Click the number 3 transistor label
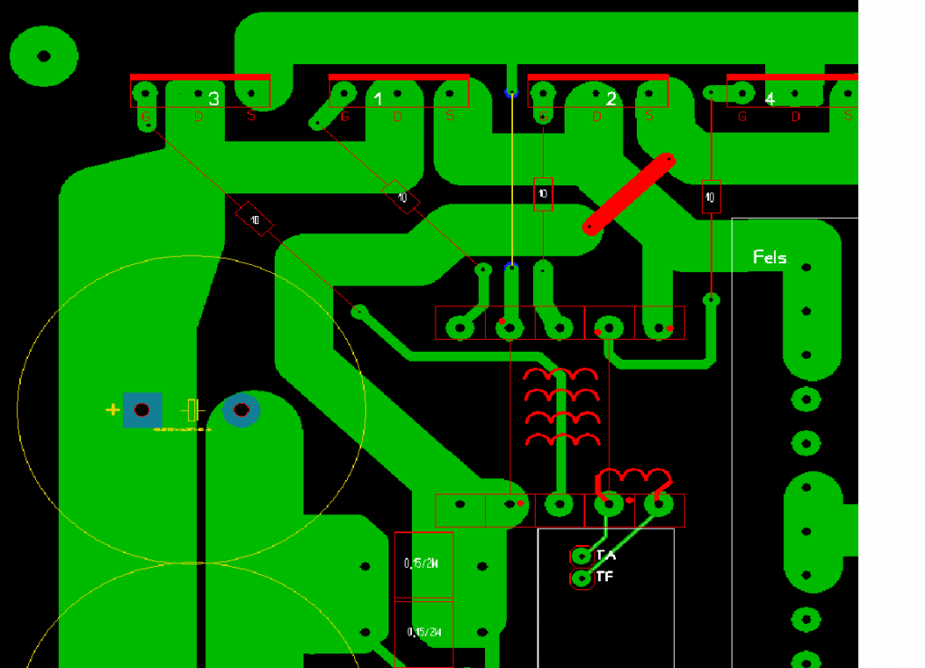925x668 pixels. [214, 99]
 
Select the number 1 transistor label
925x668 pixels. [378, 99]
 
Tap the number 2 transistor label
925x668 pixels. [611, 99]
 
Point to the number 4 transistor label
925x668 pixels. [770, 99]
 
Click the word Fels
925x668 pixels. [770, 258]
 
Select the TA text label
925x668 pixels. [606, 555]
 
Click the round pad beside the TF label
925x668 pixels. [582, 577]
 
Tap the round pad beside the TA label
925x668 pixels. [582, 555]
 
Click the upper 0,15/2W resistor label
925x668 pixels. [422, 564]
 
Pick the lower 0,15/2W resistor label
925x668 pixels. [423, 632]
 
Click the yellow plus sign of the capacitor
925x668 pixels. [112, 410]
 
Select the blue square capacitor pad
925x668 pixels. [142, 410]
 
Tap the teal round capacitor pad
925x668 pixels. [241, 410]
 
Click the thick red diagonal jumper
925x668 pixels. [630, 194]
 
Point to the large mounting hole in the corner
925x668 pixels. [43, 56]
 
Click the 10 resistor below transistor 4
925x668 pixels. [711, 197]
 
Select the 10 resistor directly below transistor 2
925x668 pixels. [543, 193]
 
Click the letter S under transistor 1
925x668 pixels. [450, 116]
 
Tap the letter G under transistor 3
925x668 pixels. [145, 116]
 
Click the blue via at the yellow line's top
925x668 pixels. [511, 92]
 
